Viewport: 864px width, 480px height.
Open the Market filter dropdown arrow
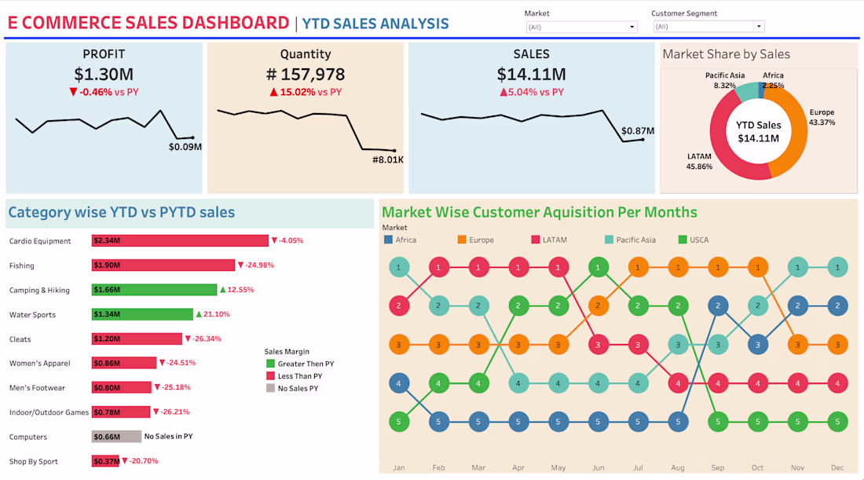coord(632,27)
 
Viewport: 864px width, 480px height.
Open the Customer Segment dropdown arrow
coord(759,27)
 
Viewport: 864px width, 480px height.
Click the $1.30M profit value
coord(104,74)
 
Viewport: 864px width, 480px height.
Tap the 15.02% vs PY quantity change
coord(306,92)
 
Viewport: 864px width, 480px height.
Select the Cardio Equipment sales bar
coord(180,241)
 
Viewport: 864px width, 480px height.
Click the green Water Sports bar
coord(142,314)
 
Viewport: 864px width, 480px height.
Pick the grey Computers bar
coord(116,437)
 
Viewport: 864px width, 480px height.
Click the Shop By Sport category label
coord(34,461)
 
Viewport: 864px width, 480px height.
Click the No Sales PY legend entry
coord(292,389)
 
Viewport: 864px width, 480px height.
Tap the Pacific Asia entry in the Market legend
coord(631,240)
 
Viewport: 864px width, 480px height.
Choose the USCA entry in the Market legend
coord(694,240)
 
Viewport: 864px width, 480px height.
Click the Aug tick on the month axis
coord(678,467)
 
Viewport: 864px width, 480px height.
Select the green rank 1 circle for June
coord(598,267)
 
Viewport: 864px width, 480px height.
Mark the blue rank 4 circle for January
coord(399,383)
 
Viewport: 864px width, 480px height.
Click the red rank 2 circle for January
coord(399,306)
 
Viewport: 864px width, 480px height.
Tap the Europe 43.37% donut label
coord(822,117)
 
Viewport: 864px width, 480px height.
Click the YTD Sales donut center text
coord(758,132)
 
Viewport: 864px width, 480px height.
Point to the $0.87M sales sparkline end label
coord(638,131)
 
